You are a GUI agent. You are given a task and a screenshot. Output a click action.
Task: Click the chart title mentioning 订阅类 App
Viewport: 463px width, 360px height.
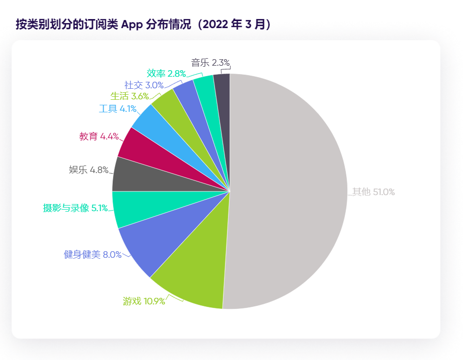pos(144,25)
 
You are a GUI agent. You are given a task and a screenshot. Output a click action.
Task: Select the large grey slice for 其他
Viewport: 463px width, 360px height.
pos(291,191)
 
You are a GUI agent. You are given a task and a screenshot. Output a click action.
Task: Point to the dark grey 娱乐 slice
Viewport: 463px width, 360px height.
pos(130,175)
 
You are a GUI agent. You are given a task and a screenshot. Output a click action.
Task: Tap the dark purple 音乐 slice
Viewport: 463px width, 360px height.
pos(222,88)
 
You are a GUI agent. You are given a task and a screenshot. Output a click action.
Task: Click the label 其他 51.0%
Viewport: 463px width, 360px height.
pos(373,192)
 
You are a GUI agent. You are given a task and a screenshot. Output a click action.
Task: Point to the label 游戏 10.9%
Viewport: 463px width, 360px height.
pos(144,301)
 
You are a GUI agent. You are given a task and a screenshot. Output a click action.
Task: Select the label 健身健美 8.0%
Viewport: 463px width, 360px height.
pos(93,255)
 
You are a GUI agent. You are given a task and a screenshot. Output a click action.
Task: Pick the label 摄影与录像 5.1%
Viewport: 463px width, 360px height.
pos(75,208)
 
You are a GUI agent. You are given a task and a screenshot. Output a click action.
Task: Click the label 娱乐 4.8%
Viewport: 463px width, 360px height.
pos(89,170)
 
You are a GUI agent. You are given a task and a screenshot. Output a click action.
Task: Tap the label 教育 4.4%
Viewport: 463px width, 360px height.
pos(99,136)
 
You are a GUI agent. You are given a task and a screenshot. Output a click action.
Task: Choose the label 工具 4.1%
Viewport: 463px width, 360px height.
pos(118,108)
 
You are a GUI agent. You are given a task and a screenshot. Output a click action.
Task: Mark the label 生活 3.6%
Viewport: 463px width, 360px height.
pos(130,96)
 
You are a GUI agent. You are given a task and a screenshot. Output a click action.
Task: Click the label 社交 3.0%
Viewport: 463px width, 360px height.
pos(144,85)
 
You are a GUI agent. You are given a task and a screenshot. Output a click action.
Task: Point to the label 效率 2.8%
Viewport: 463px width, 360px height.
pos(166,74)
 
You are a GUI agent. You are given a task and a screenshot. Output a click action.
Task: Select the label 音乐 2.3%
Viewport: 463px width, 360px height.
pos(210,63)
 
